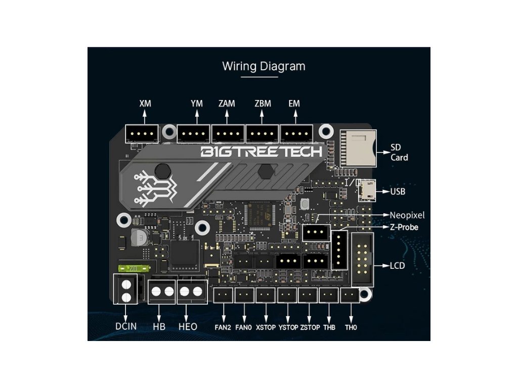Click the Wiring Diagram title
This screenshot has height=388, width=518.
tap(264, 66)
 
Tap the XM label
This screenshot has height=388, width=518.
tap(145, 104)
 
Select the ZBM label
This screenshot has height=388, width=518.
tap(263, 104)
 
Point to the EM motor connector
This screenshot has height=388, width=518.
tap(297, 134)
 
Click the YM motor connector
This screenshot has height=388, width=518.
tap(194, 134)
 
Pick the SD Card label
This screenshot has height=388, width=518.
tap(399, 153)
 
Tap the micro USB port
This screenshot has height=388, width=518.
tap(367, 191)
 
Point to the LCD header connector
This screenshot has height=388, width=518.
tap(362, 260)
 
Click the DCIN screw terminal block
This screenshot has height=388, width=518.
tap(126, 289)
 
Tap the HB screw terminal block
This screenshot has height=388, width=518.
tap(162, 291)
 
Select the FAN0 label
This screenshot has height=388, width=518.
tap(244, 327)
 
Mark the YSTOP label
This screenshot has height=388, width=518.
tap(288, 327)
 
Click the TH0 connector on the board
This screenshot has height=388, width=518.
tap(349, 296)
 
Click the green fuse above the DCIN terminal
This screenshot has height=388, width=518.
tap(133, 268)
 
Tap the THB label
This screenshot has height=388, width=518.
tap(329, 327)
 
